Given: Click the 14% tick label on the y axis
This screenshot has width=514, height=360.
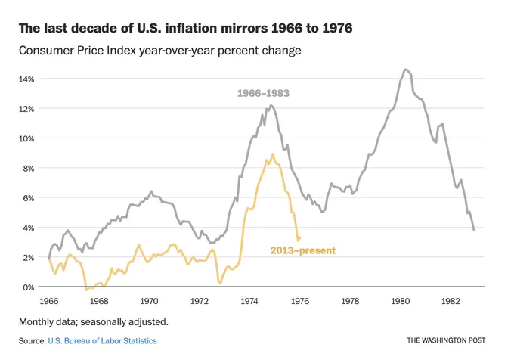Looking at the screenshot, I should [x=26, y=79].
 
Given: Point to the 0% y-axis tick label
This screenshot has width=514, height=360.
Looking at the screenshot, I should [x=28, y=287].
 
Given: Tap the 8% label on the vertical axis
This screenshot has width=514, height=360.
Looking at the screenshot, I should [x=28, y=168].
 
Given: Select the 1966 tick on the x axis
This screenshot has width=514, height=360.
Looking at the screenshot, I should [x=50, y=301].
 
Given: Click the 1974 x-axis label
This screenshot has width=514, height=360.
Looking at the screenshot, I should [x=250, y=301].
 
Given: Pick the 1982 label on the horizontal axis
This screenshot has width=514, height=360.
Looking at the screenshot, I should [x=451, y=301].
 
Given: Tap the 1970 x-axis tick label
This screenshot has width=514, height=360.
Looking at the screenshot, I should [x=150, y=301].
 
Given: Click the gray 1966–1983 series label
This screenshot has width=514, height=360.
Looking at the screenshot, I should [x=263, y=94].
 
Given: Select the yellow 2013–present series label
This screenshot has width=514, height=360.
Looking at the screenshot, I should [x=302, y=250].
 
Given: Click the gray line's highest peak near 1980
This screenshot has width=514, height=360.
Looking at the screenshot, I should [x=407, y=70].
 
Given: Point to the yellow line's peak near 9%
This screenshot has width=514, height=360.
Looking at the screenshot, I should [x=273, y=154].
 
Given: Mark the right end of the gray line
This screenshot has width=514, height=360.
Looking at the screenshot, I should [x=474, y=229].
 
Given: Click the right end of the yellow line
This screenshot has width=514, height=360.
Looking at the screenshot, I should [x=300, y=237].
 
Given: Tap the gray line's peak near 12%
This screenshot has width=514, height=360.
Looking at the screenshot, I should [x=271, y=105].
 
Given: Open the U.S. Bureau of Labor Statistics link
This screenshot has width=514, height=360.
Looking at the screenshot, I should [x=102, y=341].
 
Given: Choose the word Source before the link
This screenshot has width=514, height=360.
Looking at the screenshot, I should [x=32, y=341].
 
